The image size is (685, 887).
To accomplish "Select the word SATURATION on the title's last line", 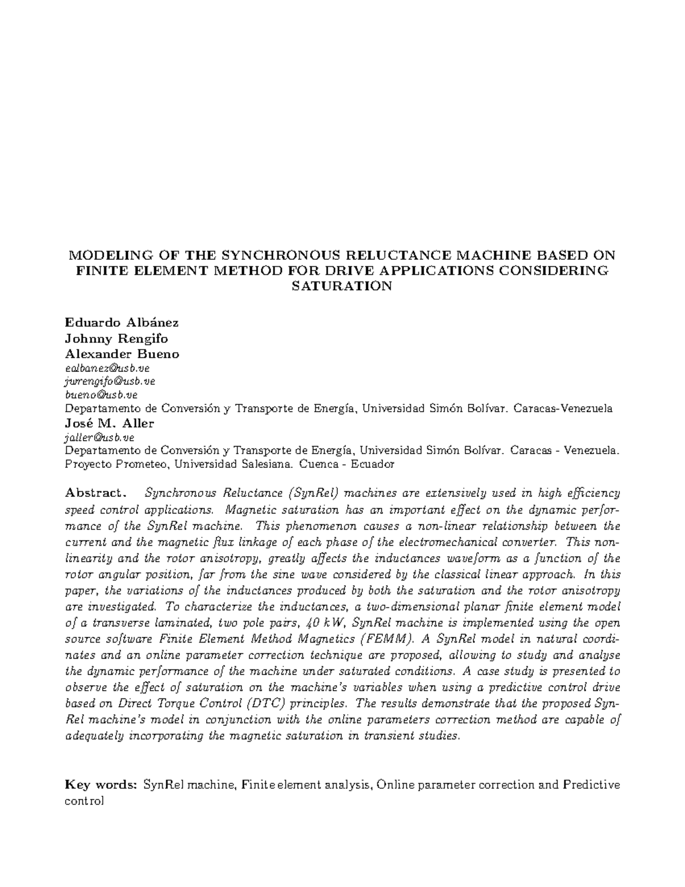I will point(342,286).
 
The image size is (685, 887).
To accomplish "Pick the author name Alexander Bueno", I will point(122,354).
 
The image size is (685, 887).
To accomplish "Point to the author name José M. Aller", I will point(110,424).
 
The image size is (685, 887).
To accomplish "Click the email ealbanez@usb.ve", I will point(107,368).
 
